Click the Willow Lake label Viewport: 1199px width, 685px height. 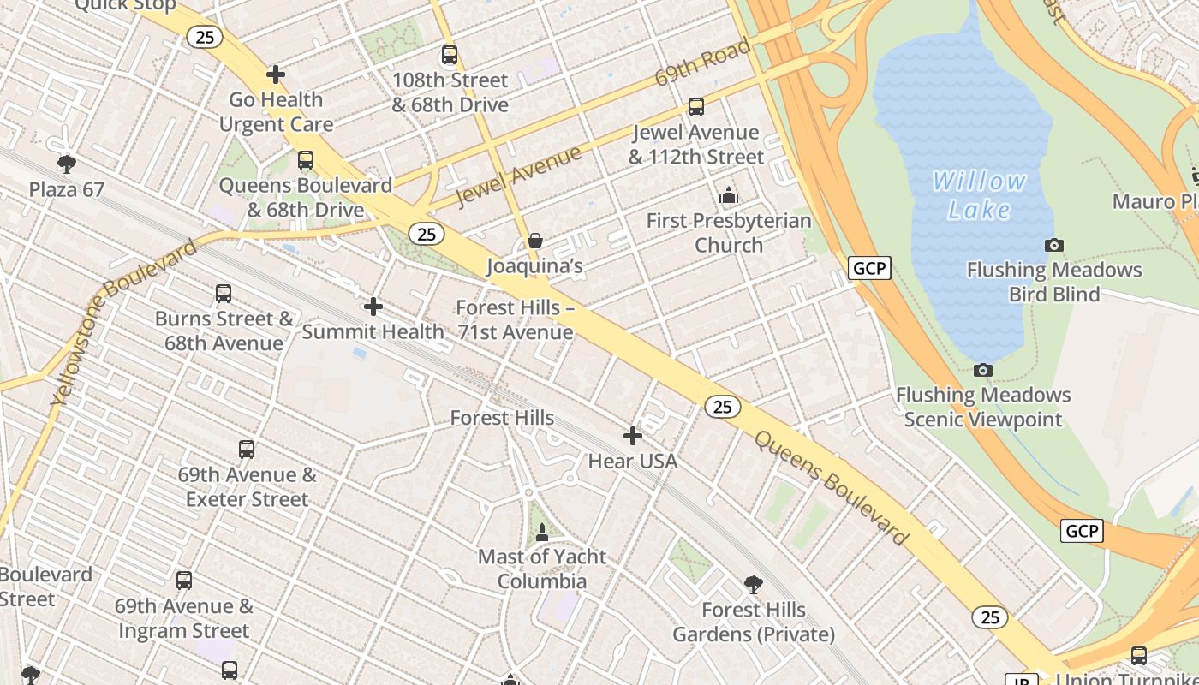pos(979,195)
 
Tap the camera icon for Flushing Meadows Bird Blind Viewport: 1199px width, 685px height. pos(1054,246)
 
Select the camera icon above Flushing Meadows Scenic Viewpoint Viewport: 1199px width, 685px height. pos(983,371)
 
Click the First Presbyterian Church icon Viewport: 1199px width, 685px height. pos(729,196)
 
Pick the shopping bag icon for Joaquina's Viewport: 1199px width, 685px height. pos(535,241)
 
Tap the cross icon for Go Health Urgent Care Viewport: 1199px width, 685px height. pos(276,74)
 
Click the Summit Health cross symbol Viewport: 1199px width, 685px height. pos(373,307)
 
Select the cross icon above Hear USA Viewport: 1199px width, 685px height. pos(633,437)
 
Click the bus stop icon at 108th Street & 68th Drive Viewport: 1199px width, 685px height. pos(450,56)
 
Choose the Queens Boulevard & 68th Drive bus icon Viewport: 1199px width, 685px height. pos(306,160)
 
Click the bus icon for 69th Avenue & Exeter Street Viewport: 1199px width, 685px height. pos(247,450)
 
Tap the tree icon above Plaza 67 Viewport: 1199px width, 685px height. pos(67,164)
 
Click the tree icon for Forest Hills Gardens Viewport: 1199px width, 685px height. pos(754,585)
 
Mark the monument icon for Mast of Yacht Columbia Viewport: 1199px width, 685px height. pos(542,533)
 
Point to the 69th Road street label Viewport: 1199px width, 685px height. pos(702,62)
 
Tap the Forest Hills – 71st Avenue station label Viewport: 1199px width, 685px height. pos(515,319)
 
